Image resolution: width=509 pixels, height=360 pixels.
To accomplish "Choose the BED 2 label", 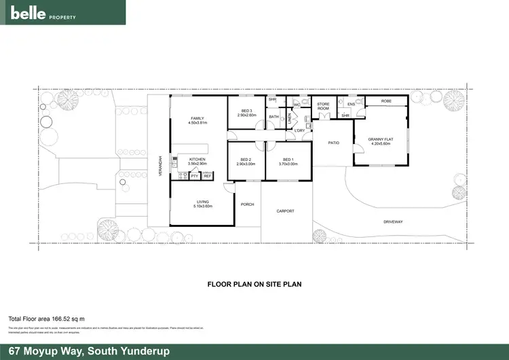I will pos(246,162).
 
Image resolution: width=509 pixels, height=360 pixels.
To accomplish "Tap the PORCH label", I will pos(247,204).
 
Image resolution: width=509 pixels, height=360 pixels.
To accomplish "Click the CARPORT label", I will pos(286,211).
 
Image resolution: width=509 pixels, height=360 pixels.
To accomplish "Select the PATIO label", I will pos(333,143).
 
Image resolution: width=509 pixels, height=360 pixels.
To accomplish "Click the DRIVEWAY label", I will pos(393,222).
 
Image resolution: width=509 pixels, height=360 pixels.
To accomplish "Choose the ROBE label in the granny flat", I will pos(385,101).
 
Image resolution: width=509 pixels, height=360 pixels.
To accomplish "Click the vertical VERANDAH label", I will pos(161,166).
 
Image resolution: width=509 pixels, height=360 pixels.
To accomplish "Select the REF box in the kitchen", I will pos(207,176).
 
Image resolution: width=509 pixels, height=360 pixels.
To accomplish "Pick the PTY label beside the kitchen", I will pos(193,176).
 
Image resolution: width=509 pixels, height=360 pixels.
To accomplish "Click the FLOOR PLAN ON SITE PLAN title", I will pos(254,285).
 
